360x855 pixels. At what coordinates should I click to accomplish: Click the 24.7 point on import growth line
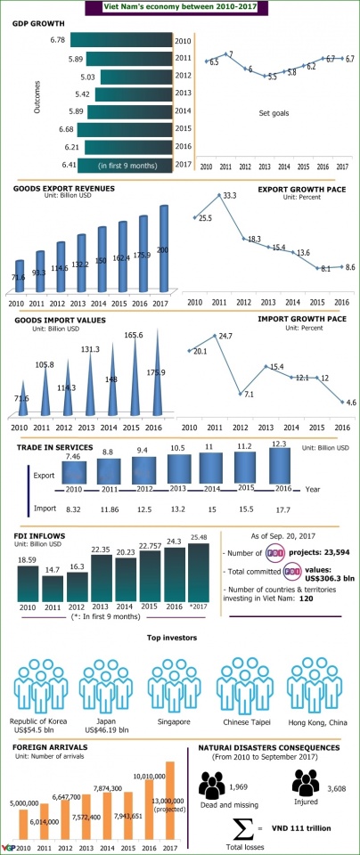tap(215, 336)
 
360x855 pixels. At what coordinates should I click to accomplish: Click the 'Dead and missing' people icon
tap(215, 785)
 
